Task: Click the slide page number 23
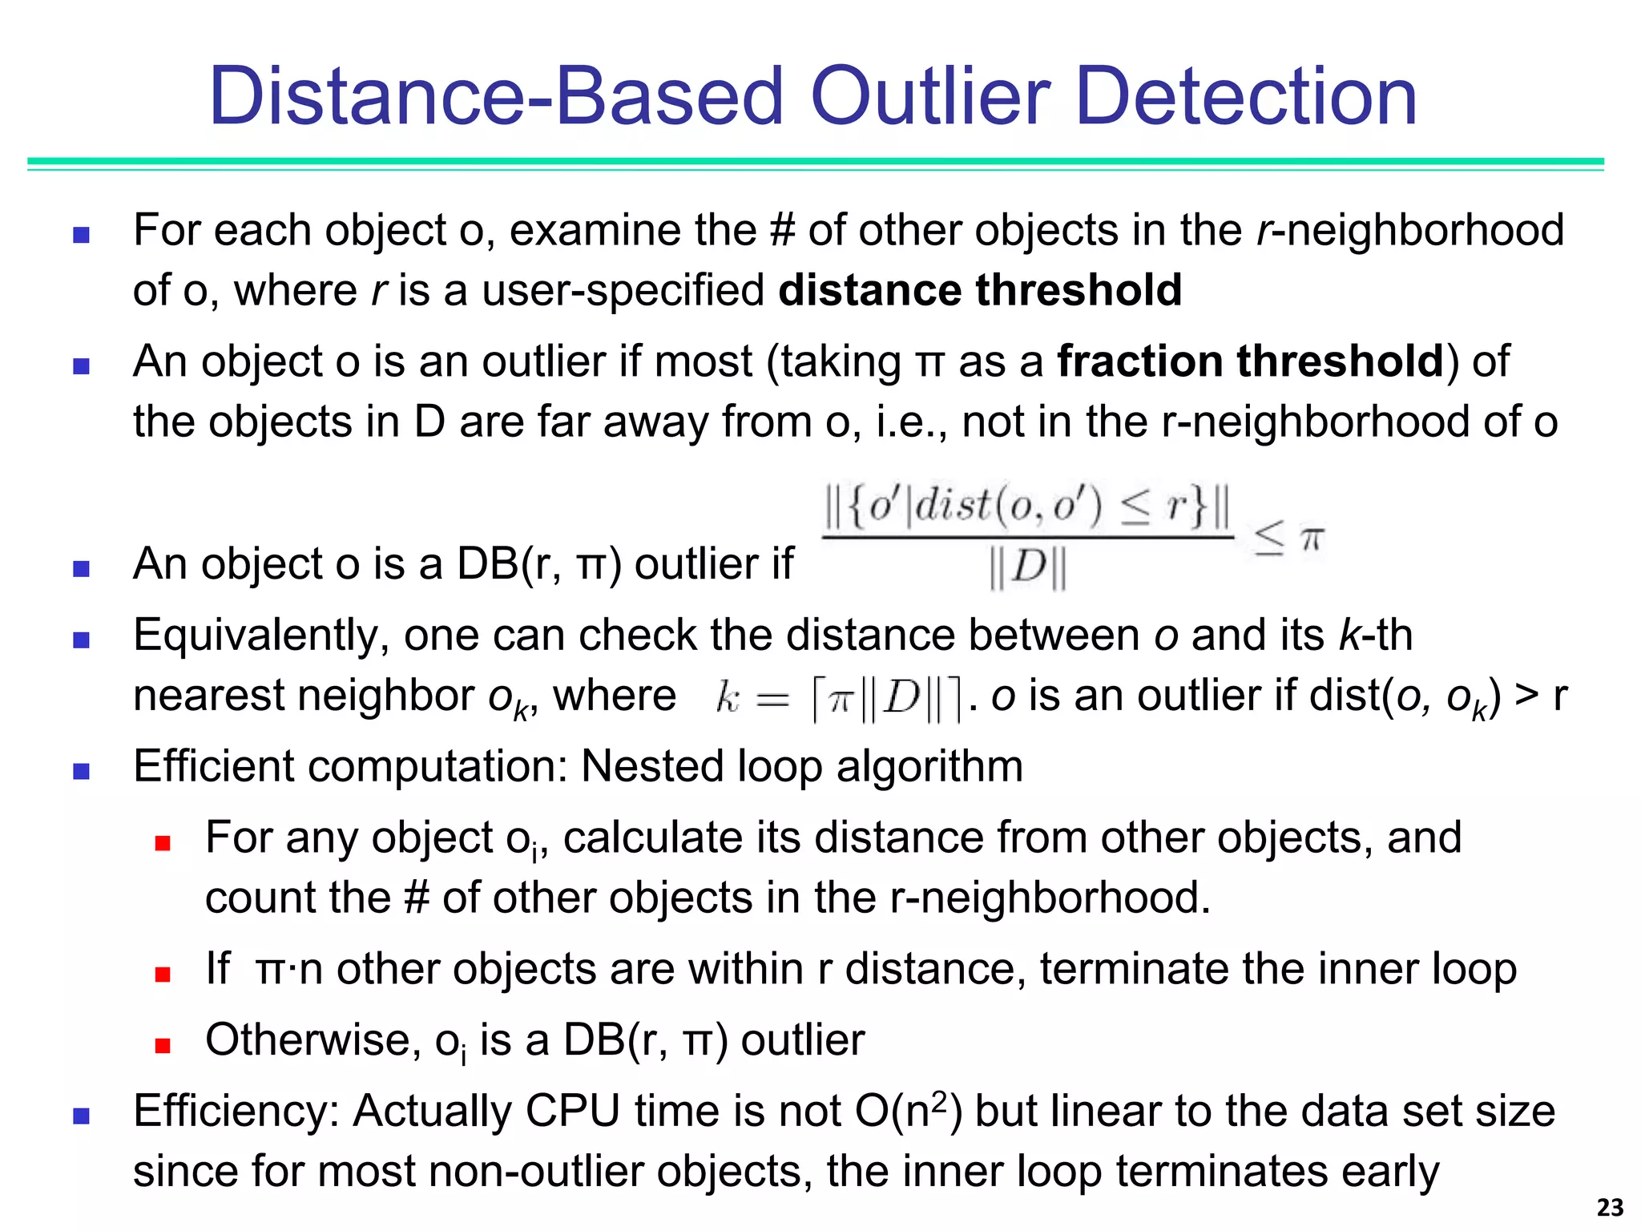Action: [x=1610, y=1208]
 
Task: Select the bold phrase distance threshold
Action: [x=980, y=290]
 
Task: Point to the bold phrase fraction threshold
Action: [x=1250, y=361]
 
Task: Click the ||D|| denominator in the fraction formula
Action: [x=1028, y=568]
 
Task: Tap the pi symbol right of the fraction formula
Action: [x=1312, y=539]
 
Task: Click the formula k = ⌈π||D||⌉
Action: [x=838, y=698]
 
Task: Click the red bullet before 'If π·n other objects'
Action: [x=163, y=975]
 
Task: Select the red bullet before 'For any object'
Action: [x=163, y=843]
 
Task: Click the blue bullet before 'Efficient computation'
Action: [x=81, y=771]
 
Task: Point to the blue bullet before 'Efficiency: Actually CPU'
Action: [x=81, y=1116]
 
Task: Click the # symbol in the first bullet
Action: [x=781, y=231]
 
